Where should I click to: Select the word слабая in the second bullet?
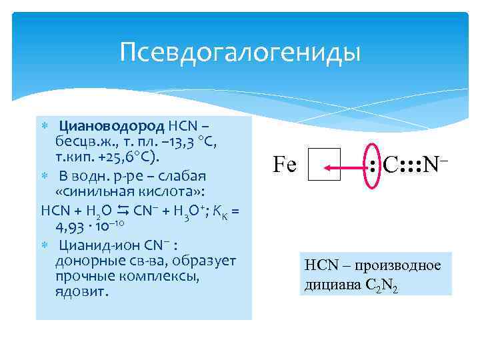tap(180, 177)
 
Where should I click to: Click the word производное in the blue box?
tap(404, 265)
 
